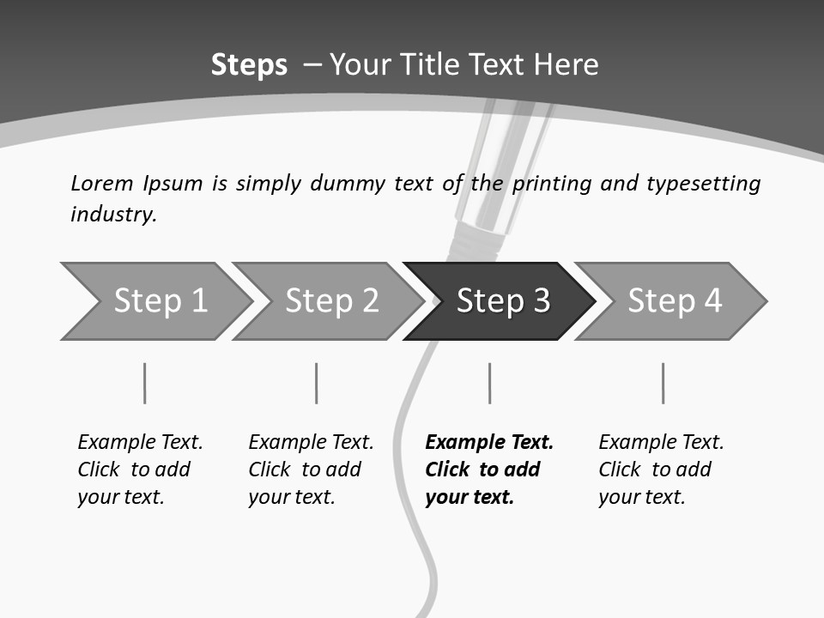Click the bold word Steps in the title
(249, 64)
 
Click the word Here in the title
(566, 64)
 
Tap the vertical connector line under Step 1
(144, 383)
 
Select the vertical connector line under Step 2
(316, 383)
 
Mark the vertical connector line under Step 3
(489, 383)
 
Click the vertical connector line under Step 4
(663, 383)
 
